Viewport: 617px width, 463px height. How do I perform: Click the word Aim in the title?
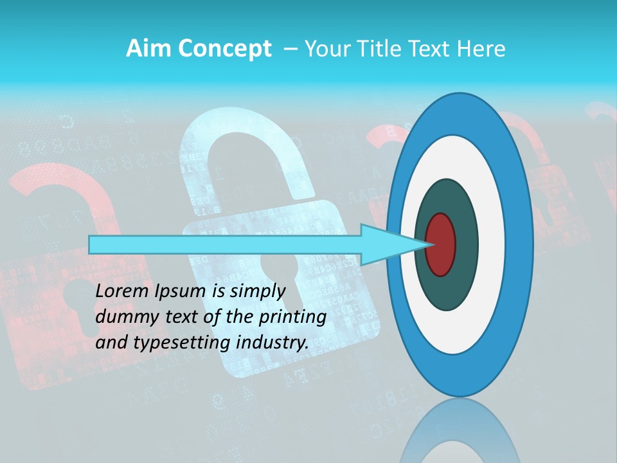(145, 48)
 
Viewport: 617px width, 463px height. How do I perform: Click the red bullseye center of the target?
(441, 244)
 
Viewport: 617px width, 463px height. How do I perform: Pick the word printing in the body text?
(295, 317)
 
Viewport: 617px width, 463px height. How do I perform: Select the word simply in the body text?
(258, 291)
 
